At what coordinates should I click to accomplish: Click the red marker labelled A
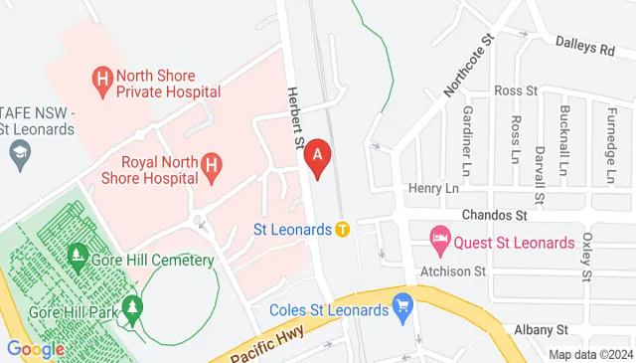tap(318, 157)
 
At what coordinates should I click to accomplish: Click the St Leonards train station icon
tap(342, 230)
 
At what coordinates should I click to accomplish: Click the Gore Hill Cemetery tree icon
tap(78, 261)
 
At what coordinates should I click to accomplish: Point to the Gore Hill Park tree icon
tap(132, 316)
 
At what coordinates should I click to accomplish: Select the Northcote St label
tap(470, 65)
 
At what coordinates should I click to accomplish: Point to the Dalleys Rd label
tap(585, 48)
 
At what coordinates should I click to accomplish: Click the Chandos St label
tap(494, 215)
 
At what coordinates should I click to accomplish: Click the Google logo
tap(35, 349)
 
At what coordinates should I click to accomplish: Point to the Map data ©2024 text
tap(590, 354)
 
